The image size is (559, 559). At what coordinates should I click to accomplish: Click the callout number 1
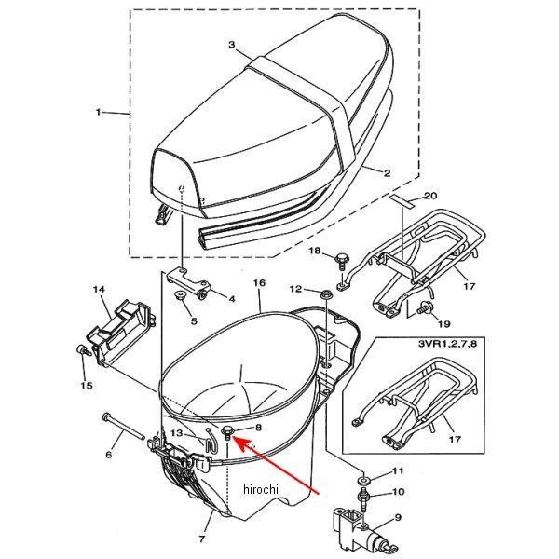(98, 113)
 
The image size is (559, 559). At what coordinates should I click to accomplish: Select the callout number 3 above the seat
(231, 44)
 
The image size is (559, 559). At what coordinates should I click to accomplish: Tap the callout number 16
(259, 282)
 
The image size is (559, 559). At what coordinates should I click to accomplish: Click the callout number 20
(429, 196)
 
